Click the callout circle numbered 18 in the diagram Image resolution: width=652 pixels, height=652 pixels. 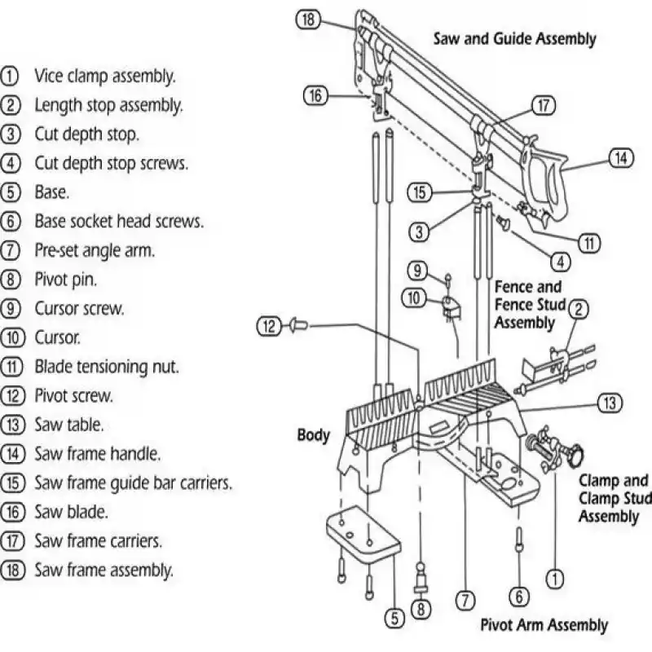308,20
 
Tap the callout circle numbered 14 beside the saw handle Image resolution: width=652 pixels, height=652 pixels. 621,158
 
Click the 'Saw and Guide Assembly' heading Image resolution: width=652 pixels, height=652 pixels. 514,38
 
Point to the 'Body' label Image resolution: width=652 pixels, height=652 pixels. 313,434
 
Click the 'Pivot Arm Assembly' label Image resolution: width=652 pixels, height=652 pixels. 544,625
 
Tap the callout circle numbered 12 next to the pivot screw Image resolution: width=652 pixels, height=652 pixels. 268,327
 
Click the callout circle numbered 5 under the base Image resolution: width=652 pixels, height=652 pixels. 394,619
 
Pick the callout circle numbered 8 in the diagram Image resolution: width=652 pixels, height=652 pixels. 421,607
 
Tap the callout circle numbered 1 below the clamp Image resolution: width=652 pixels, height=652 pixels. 554,579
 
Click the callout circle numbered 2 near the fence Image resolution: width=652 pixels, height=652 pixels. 578,308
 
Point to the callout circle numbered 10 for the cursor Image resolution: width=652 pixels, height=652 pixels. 413,298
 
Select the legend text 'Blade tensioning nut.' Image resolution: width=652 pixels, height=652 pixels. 107,367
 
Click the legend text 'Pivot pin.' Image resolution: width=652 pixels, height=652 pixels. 65,280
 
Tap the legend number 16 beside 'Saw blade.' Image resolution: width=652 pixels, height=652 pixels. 11,512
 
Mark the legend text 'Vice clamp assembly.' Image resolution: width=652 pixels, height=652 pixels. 104,77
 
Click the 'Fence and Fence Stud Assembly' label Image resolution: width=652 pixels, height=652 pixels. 528,304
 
